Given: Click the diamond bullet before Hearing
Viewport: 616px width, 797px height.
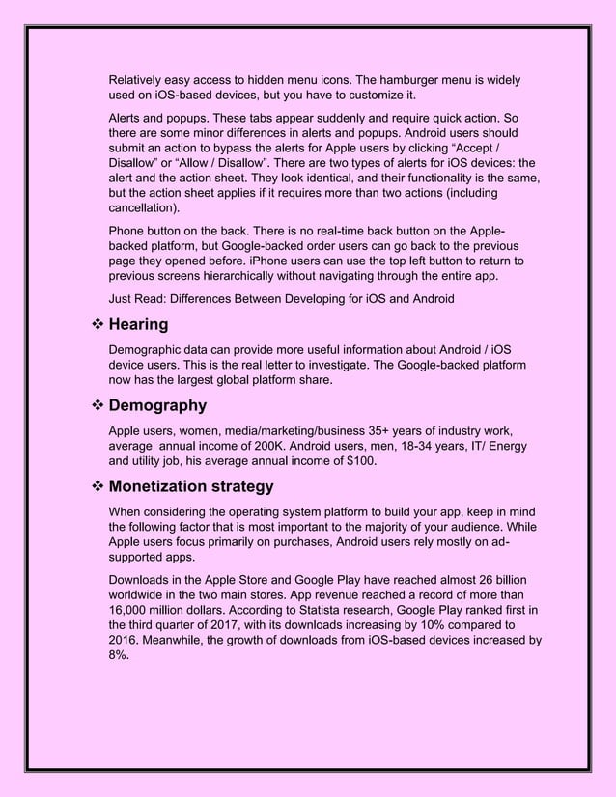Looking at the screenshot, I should [96, 325].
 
